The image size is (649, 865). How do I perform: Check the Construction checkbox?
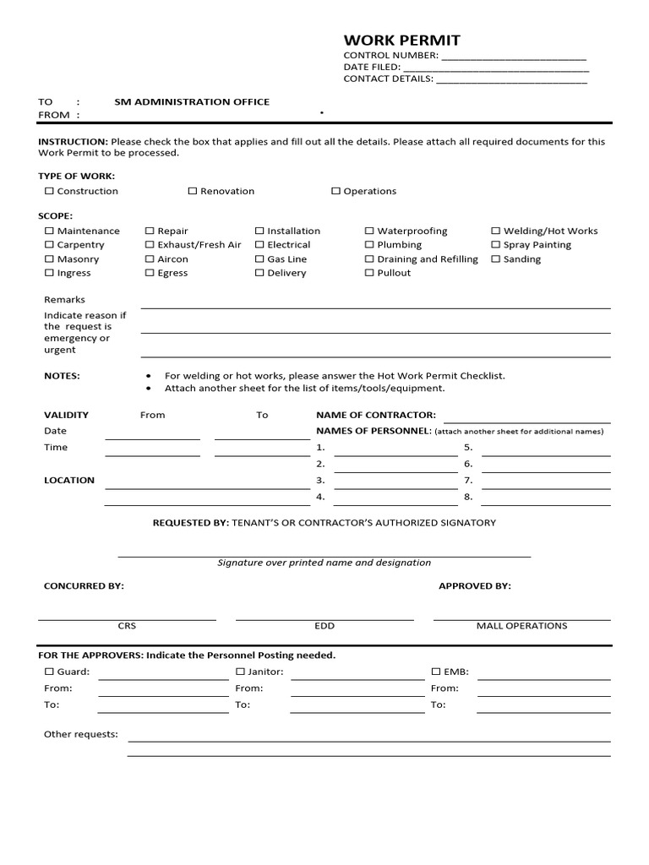[x=49, y=192]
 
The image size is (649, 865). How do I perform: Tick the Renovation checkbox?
[x=193, y=192]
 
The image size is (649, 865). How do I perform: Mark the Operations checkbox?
[x=335, y=192]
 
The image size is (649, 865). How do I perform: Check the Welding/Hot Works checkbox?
[x=496, y=231]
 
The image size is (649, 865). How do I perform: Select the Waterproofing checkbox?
[x=369, y=231]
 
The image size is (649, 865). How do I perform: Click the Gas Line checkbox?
[x=259, y=259]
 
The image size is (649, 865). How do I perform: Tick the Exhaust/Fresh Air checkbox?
[x=150, y=245]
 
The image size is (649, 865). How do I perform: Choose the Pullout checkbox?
[x=369, y=274]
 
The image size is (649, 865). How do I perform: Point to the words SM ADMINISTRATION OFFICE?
[x=192, y=102]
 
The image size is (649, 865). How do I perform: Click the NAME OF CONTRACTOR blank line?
[x=526, y=421]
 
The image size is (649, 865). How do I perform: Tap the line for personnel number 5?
[x=545, y=454]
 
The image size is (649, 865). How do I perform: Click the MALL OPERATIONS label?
[x=521, y=626]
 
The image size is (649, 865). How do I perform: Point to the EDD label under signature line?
[x=324, y=626]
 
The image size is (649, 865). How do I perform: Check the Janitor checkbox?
[x=240, y=672]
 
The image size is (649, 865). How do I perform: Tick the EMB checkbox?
[x=436, y=672]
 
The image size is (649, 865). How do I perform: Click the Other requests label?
[x=81, y=735]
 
